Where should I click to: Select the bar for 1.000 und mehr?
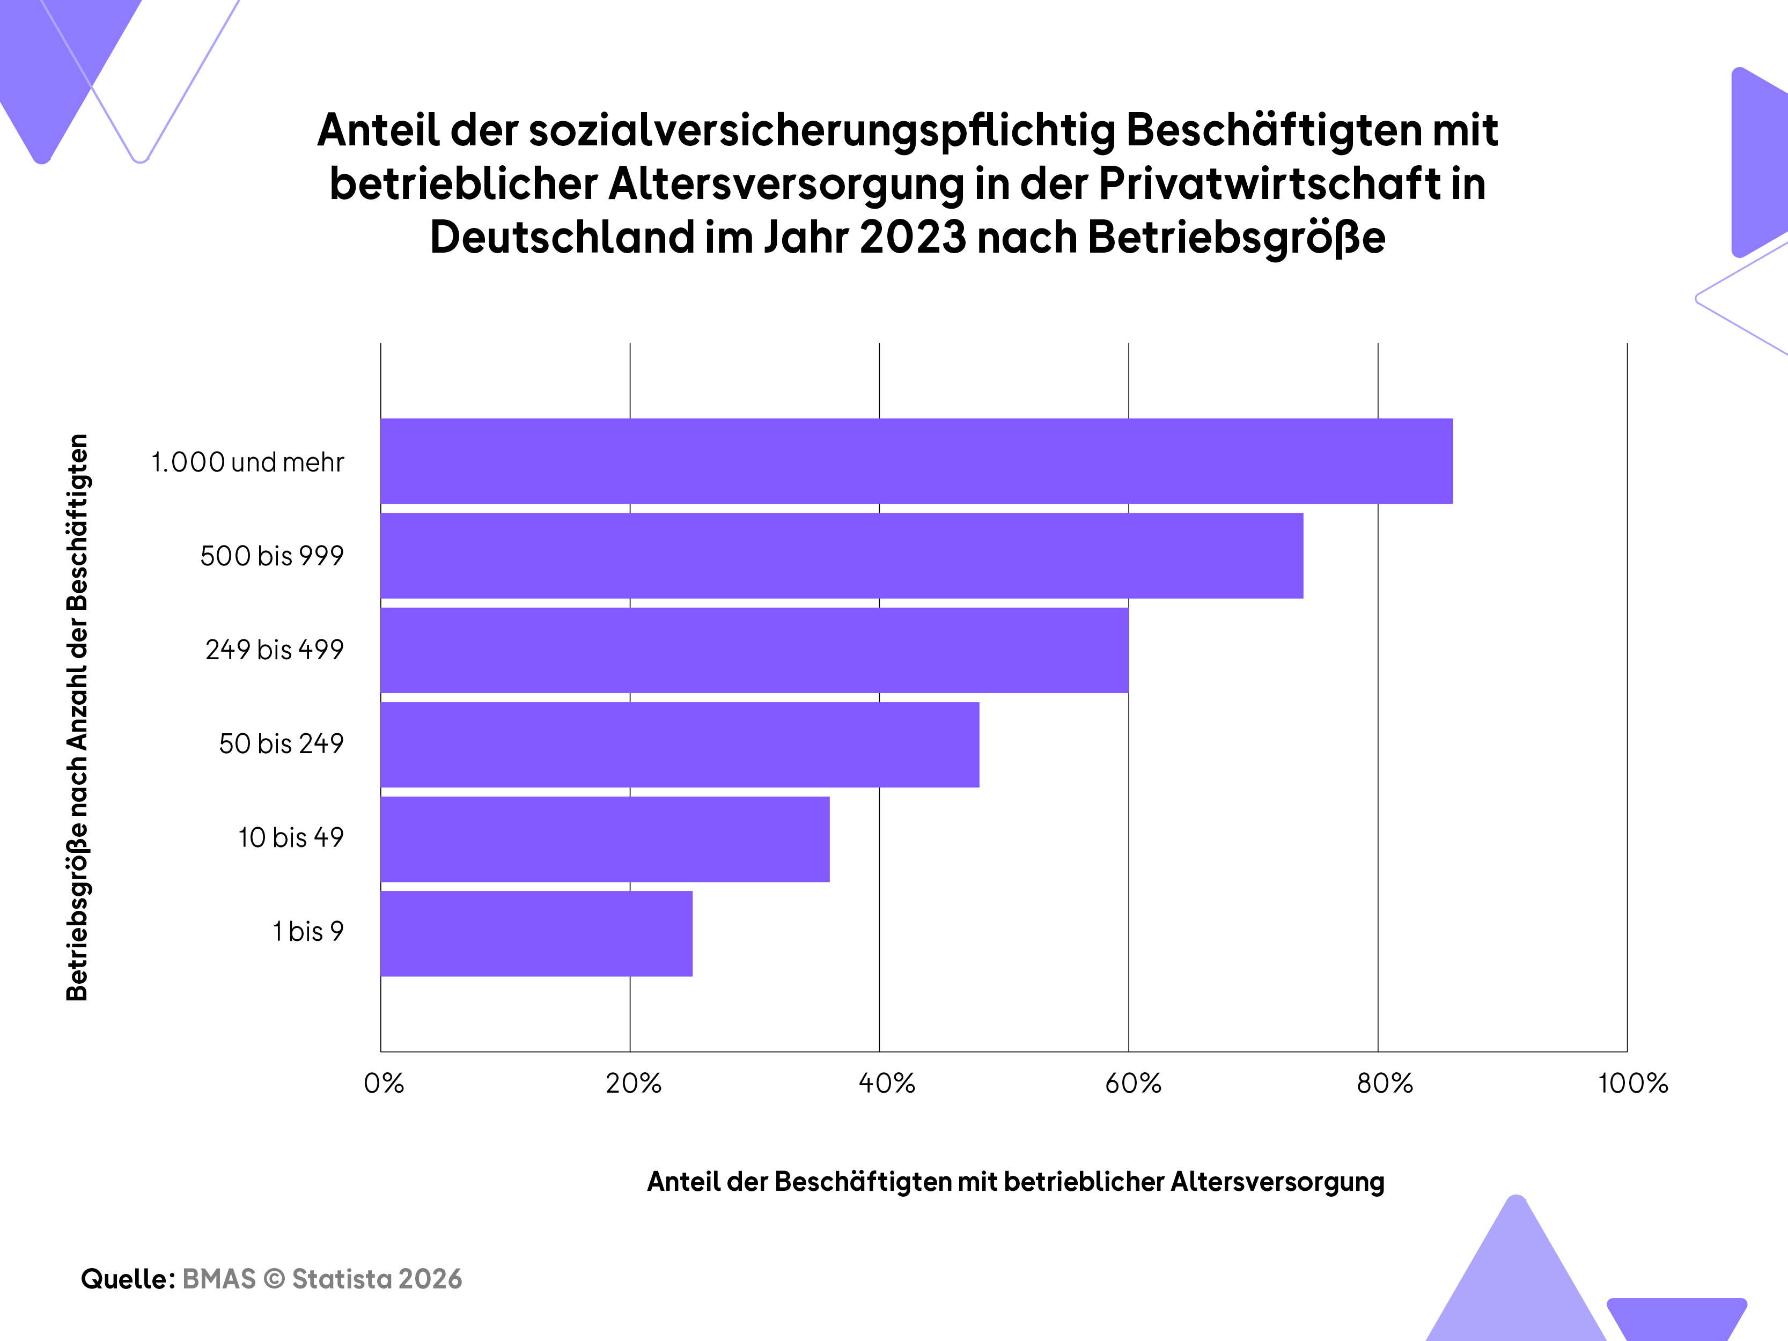[917, 461]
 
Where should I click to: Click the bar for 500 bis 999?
[842, 555]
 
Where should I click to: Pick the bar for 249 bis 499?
[755, 650]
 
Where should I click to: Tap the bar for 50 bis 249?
[680, 745]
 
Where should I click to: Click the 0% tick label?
[384, 1083]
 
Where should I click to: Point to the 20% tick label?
[634, 1083]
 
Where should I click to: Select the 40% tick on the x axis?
[887, 1083]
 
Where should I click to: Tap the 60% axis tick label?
[1134, 1083]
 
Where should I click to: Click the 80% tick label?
[1385, 1083]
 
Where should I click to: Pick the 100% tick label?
[1633, 1083]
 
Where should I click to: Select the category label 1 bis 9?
[308, 931]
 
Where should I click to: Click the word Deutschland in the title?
[562, 237]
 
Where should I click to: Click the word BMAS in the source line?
[219, 1279]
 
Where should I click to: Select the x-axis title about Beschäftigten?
[1016, 1181]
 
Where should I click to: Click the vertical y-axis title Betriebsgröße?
[78, 717]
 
